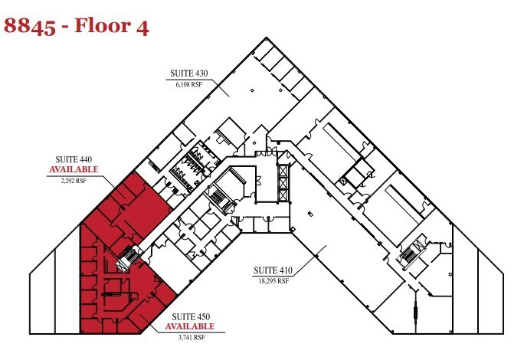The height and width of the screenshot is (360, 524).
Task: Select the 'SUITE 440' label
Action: point(74,159)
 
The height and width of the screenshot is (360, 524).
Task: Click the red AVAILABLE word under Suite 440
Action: point(74,169)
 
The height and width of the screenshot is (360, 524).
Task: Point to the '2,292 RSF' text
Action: point(74,180)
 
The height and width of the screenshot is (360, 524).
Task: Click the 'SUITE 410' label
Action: point(272,271)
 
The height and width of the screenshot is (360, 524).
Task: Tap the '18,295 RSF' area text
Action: point(272,281)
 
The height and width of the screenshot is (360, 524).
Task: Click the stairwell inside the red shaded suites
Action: point(126,260)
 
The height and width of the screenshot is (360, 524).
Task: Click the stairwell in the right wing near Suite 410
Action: point(412,255)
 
